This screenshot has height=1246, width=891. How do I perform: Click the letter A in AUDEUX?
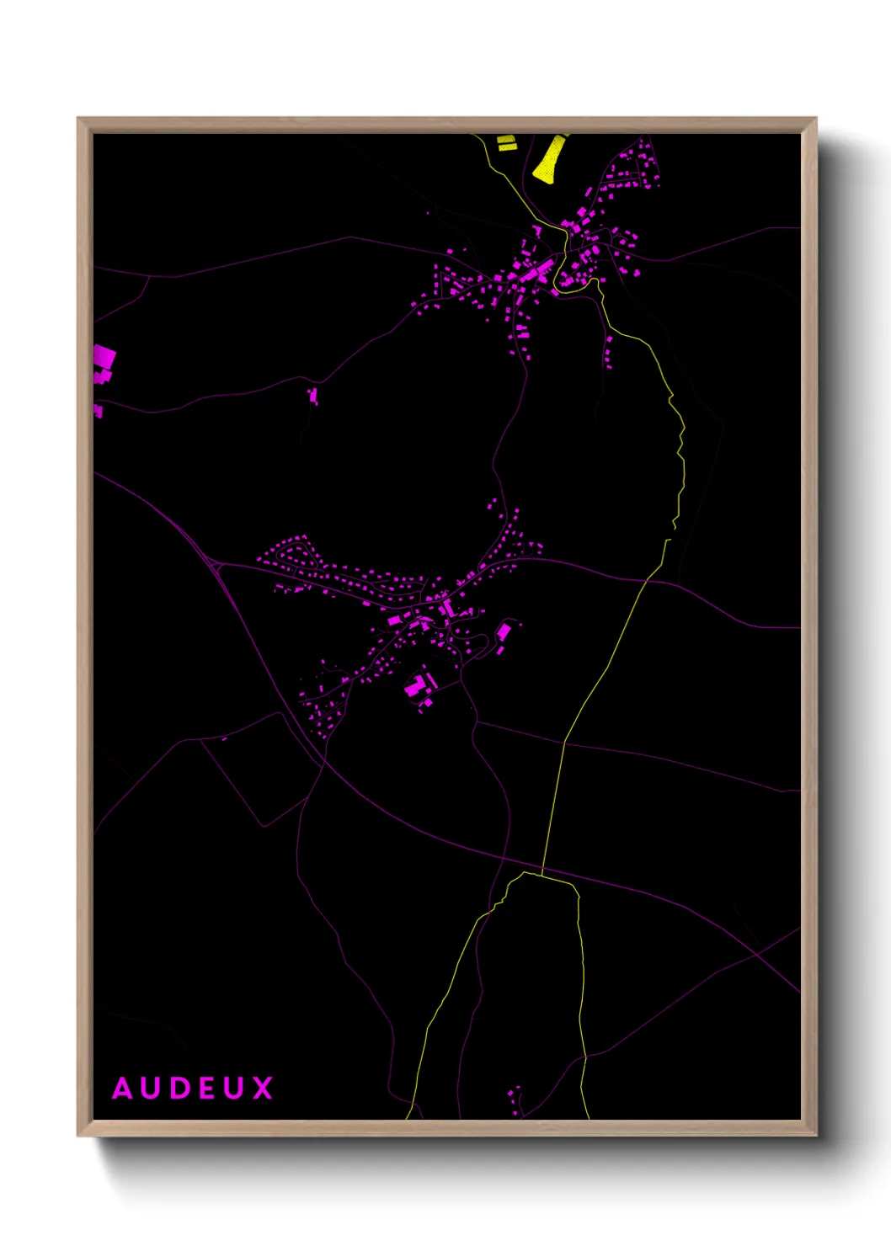tap(123, 1089)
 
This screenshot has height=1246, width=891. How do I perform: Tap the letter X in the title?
tap(263, 1089)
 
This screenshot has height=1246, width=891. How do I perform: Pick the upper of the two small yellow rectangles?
tap(506, 140)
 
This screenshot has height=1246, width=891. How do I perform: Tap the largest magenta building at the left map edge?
tap(104, 357)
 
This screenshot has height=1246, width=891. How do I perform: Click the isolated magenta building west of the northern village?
tap(313, 395)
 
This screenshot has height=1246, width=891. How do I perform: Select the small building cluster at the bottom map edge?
tap(515, 1099)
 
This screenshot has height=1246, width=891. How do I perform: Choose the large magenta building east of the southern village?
tap(504, 631)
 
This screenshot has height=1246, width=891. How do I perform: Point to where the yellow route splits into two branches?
tap(524, 874)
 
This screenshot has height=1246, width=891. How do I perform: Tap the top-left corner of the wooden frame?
tap(78, 119)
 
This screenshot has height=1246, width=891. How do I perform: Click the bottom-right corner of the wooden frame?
tap(815, 1135)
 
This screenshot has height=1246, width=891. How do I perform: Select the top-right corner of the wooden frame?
tap(815, 119)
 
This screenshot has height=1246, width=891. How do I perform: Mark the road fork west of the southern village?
tap(217, 565)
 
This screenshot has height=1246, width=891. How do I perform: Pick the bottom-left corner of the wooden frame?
tap(78, 1135)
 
